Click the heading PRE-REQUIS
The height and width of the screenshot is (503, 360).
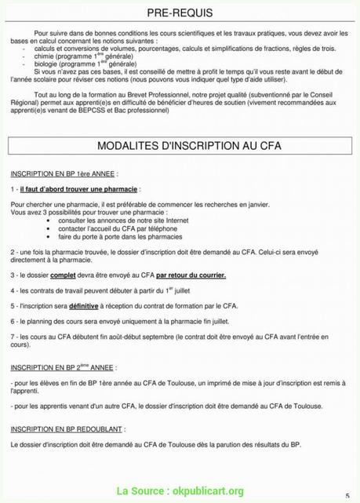pyautogui.click(x=180, y=14)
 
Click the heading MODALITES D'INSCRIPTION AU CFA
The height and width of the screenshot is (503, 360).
pyautogui.click(x=180, y=146)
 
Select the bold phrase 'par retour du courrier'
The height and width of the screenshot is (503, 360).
pyautogui.click(x=191, y=276)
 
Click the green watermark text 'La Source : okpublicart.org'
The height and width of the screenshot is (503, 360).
pyautogui.click(x=180, y=491)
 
